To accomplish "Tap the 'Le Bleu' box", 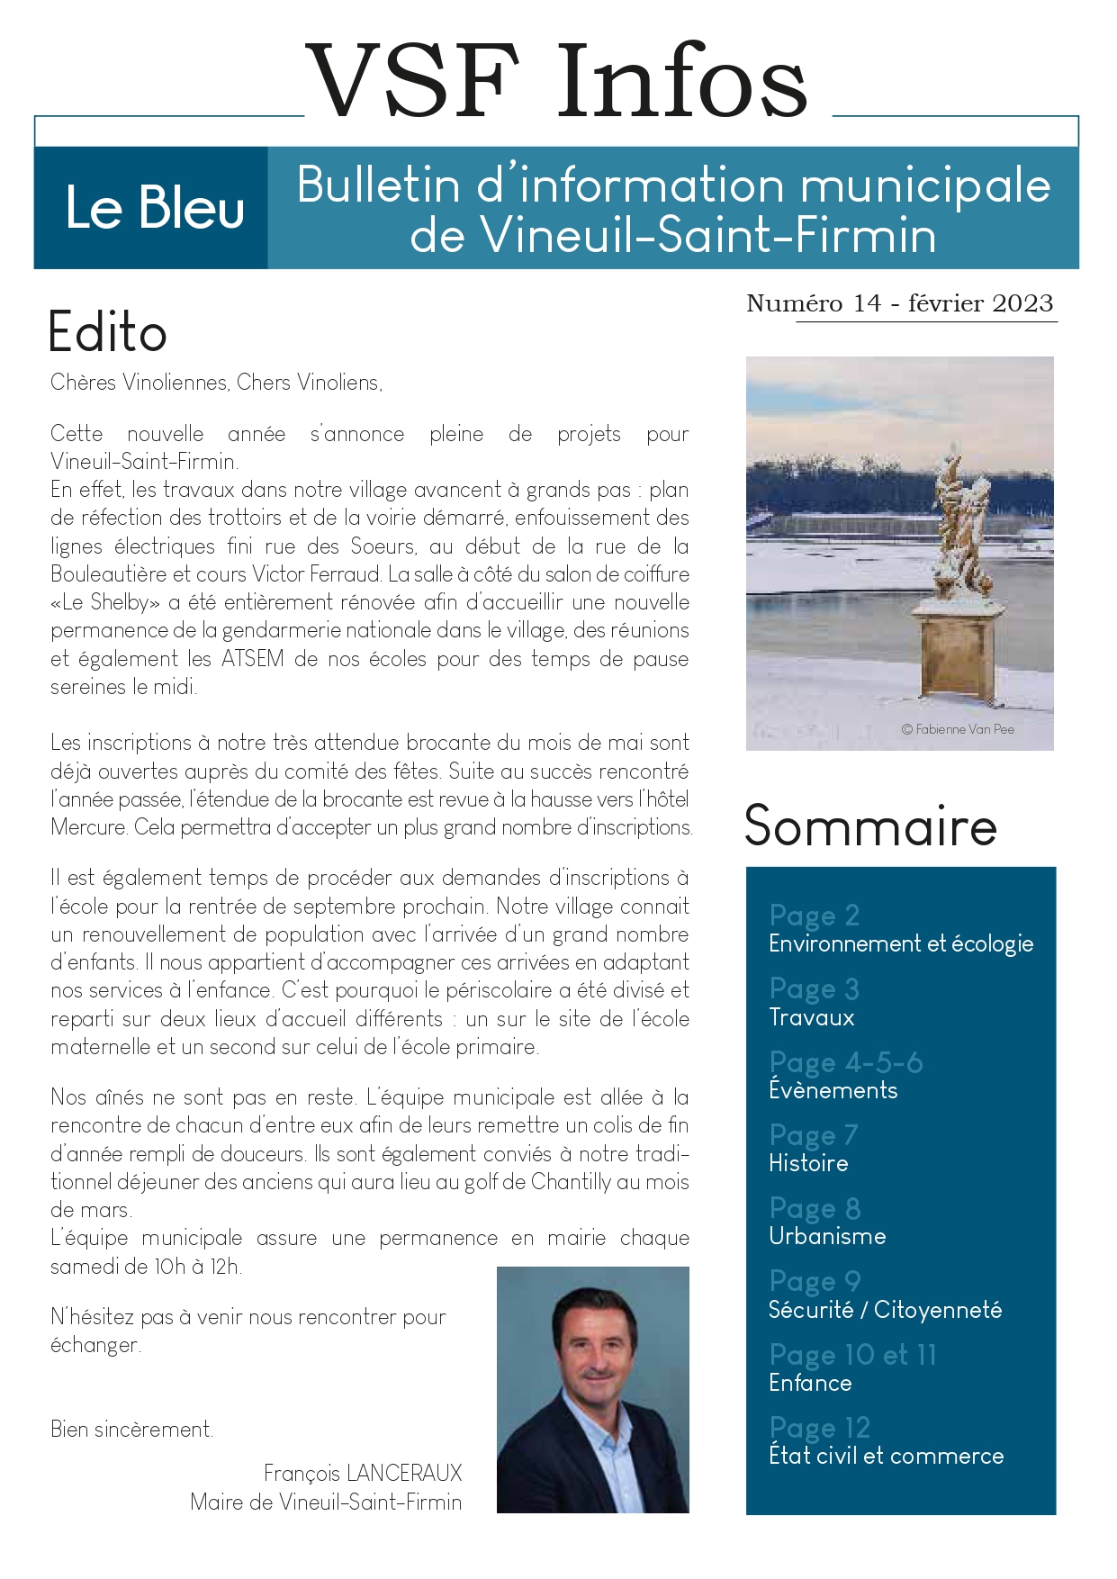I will click(154, 208).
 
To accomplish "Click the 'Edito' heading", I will click(107, 332).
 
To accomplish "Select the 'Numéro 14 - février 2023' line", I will click(899, 303).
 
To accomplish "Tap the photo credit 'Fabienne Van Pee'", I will click(958, 729).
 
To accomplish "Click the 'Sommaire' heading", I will click(870, 826).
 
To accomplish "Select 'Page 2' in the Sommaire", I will click(815, 916).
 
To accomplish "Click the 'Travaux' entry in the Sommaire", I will click(812, 1017).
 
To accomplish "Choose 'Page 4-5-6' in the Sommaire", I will click(846, 1062).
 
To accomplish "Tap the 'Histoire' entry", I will click(808, 1163).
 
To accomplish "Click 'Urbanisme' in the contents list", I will click(827, 1236).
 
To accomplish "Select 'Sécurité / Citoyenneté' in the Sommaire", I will click(885, 1310).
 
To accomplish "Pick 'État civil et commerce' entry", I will click(886, 1456).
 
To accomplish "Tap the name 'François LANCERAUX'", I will click(362, 1473).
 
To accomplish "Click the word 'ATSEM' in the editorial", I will click(253, 658).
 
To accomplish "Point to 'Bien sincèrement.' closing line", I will click(131, 1429).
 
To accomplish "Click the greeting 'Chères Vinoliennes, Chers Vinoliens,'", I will click(216, 383).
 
